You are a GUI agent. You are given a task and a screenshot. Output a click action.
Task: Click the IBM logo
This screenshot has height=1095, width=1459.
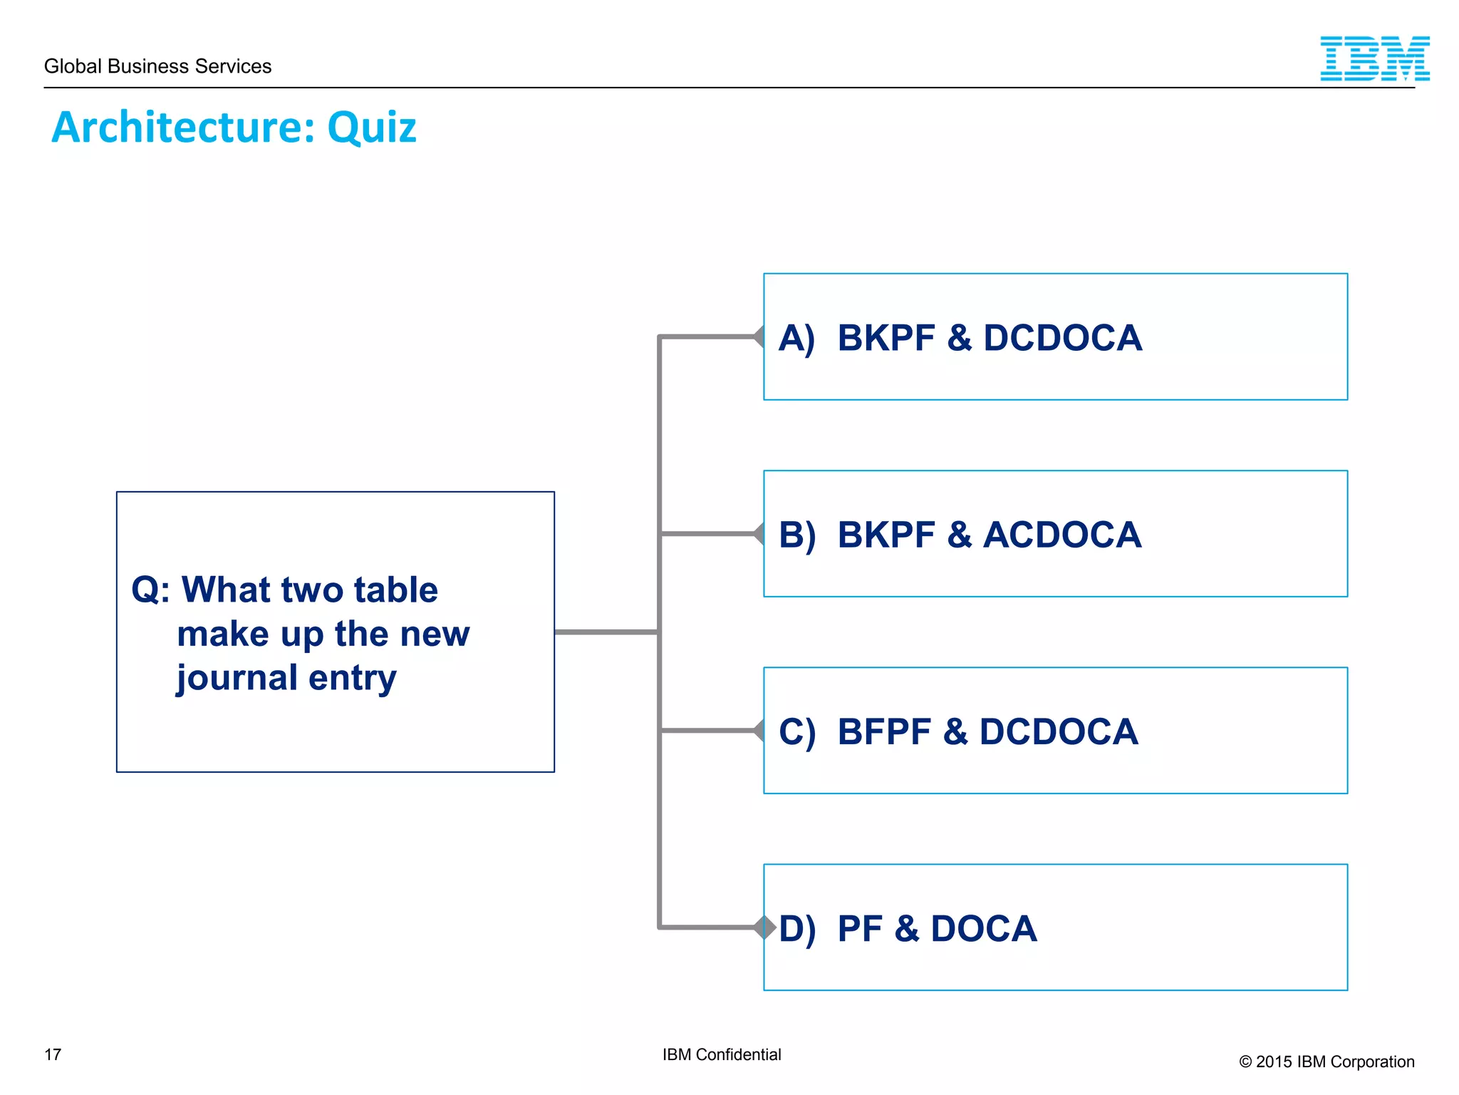(1374, 58)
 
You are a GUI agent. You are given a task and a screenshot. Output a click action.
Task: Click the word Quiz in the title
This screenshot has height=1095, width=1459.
(371, 128)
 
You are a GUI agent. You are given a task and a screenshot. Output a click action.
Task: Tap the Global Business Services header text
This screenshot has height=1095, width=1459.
(157, 66)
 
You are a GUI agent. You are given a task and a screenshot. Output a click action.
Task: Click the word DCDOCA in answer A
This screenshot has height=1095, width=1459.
(1062, 338)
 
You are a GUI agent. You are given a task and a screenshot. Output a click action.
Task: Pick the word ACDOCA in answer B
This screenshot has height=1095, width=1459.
(1061, 535)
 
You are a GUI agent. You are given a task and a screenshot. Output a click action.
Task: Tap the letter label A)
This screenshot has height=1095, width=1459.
(796, 338)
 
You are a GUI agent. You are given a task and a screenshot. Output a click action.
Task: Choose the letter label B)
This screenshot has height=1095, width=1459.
(796, 535)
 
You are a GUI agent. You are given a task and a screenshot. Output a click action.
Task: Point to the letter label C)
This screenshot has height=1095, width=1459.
(796, 732)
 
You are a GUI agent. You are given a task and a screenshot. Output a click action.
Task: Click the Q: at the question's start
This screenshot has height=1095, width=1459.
(150, 590)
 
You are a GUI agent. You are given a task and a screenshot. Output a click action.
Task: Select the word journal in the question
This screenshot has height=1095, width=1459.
(237, 678)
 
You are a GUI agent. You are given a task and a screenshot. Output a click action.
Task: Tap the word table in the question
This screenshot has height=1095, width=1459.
(395, 590)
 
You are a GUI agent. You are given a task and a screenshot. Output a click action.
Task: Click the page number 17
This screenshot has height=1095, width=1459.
(53, 1054)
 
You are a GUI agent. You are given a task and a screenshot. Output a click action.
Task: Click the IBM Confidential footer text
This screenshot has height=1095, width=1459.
(721, 1054)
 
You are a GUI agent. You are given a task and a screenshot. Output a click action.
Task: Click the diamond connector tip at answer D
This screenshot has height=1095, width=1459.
(766, 927)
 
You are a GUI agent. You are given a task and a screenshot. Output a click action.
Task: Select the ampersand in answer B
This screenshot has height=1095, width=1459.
(959, 535)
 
